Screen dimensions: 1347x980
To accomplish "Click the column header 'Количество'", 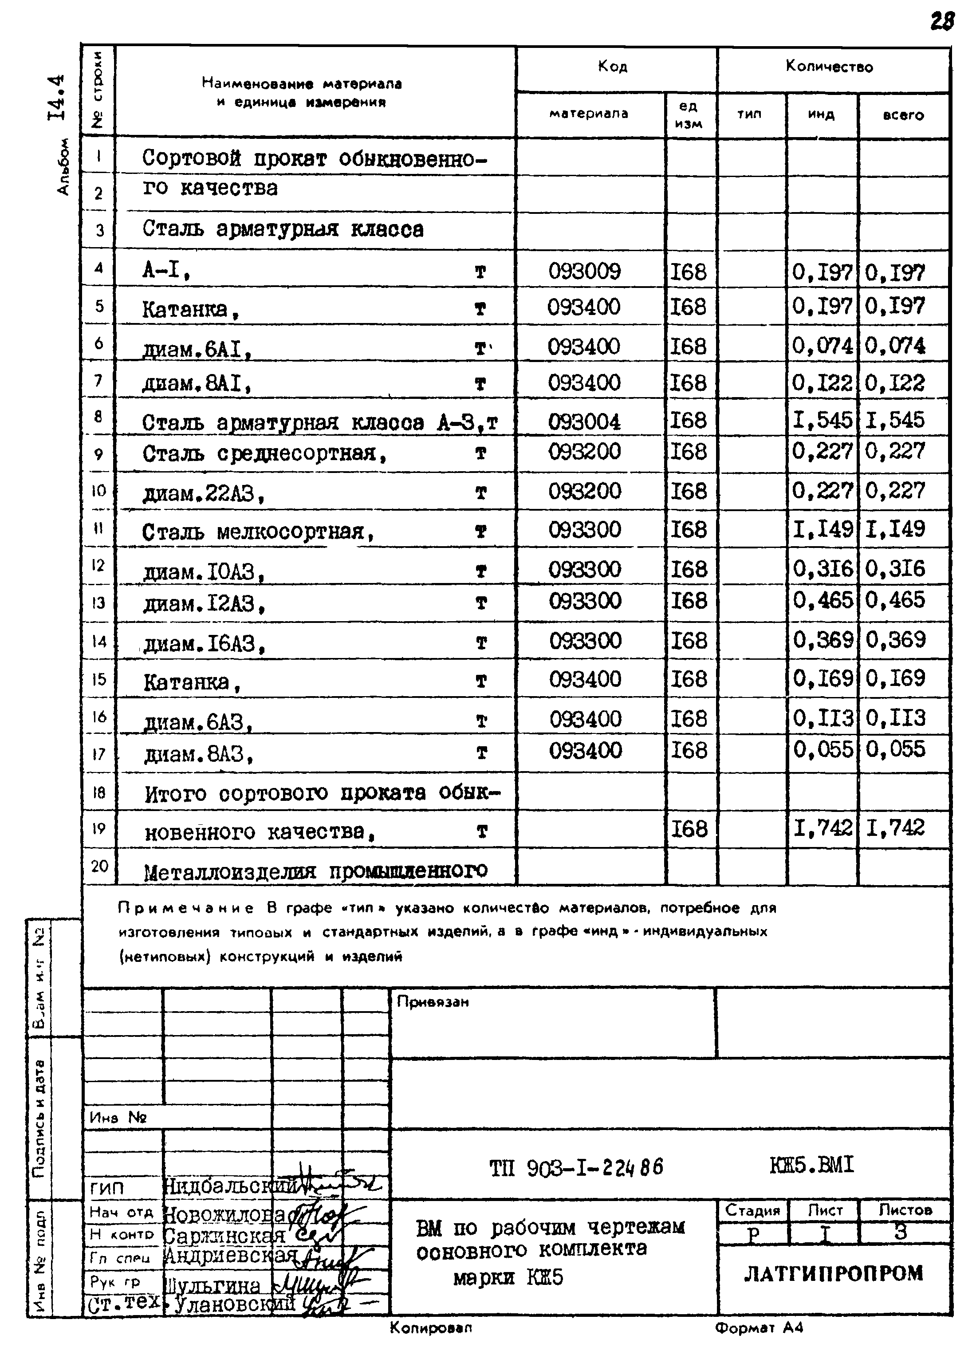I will point(829,67).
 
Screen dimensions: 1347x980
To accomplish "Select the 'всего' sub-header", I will point(903,114).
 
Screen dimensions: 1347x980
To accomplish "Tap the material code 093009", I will point(584,272).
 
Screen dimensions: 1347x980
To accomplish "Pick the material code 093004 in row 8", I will point(584,421).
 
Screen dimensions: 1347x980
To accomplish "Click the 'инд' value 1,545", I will point(823,420).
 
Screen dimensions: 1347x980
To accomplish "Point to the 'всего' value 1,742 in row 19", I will point(896,827).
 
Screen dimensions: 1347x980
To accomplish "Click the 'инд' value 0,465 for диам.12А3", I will point(823,600).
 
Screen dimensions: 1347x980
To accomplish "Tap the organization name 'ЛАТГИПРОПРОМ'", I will point(833,1273).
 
